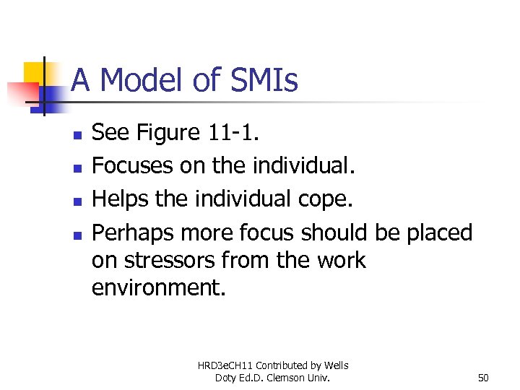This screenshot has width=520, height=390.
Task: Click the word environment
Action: (x=158, y=287)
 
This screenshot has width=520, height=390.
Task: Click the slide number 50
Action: (x=484, y=378)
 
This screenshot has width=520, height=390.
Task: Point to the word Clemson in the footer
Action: (x=296, y=378)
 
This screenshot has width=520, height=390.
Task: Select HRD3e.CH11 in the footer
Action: (x=225, y=366)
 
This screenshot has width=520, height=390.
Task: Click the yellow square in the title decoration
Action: (x=36, y=74)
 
